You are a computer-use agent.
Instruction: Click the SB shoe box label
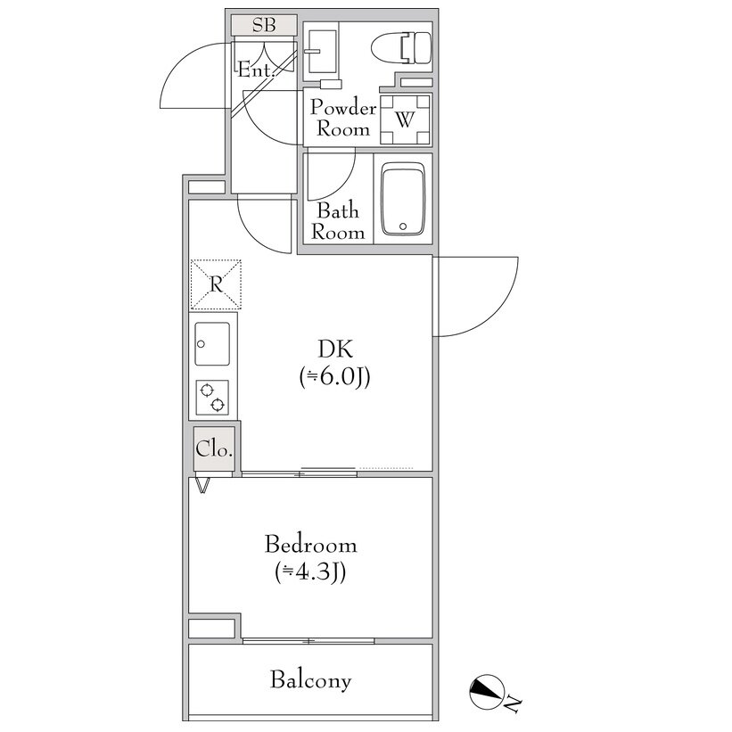pyautogui.click(x=264, y=25)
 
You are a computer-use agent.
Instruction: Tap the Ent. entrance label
pyautogui.click(x=255, y=70)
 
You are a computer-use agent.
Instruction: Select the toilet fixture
pyautogui.click(x=401, y=48)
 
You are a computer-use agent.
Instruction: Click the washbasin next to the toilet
pyautogui.click(x=322, y=52)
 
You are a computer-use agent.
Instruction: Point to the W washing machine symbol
pyautogui.click(x=405, y=119)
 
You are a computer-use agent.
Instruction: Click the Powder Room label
pyautogui.click(x=343, y=118)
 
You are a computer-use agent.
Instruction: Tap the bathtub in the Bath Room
pyautogui.click(x=403, y=199)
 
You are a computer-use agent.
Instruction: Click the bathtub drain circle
pyautogui.click(x=403, y=226)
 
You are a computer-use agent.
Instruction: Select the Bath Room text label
pyautogui.click(x=338, y=221)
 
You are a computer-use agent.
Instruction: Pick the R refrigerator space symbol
pyautogui.click(x=216, y=284)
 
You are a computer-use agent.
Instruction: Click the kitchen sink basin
pyautogui.click(x=212, y=343)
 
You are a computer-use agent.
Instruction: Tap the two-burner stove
pyautogui.click(x=212, y=398)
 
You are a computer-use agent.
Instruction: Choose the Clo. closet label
pyautogui.click(x=214, y=449)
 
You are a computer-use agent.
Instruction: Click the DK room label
pyautogui.click(x=335, y=349)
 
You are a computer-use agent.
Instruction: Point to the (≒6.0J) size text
pyautogui.click(x=334, y=377)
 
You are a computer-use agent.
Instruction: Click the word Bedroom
pyautogui.click(x=311, y=545)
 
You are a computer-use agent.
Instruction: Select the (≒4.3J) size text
pyautogui.click(x=310, y=572)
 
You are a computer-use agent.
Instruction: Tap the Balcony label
pyautogui.click(x=310, y=679)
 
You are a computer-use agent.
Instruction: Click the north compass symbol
pyautogui.click(x=487, y=692)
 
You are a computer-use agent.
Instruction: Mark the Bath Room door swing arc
pyautogui.click(x=342, y=186)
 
